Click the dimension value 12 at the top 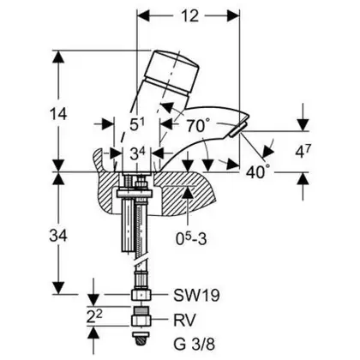189,16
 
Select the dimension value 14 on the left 58,114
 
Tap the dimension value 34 58,236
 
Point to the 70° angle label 199,125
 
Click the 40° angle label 258,171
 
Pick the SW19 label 197,295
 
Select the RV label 184,320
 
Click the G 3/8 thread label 194,345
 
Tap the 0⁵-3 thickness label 191,239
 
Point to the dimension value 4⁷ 303,152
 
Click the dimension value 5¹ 137,124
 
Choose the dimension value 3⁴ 138,154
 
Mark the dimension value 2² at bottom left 95,316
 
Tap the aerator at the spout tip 237,129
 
